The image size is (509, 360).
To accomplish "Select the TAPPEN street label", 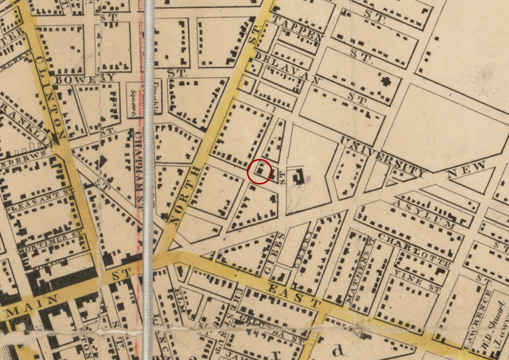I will coord(298,28).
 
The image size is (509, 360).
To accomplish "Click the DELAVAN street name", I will coord(288,68).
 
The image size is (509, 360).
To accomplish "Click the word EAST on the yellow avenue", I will coord(294,295).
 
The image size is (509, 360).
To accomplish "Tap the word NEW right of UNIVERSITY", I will coord(465,170).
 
